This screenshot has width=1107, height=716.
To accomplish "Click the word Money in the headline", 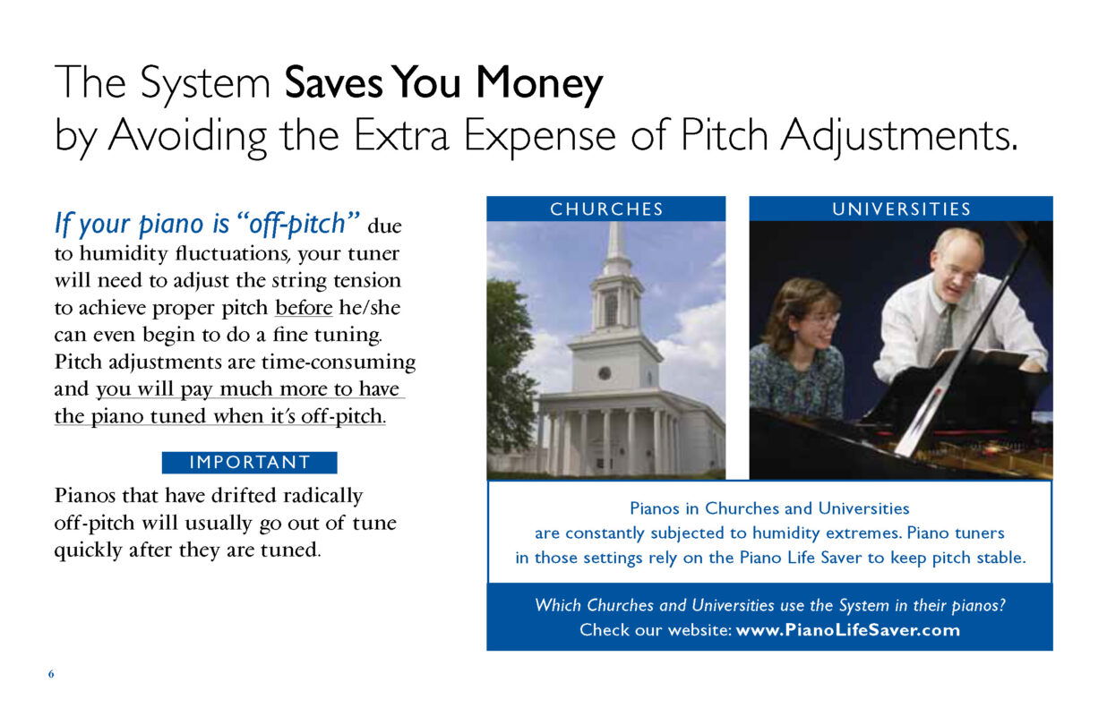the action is pyautogui.click(x=539, y=84).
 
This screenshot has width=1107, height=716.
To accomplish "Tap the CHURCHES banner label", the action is pyautogui.click(x=606, y=209).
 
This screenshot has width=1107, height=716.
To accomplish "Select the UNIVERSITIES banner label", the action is pyautogui.click(x=901, y=209).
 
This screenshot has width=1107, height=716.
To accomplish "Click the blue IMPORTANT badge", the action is pyautogui.click(x=250, y=462).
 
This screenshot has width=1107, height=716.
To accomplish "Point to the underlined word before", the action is pyautogui.click(x=304, y=308).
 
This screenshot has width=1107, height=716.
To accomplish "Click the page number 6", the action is pyautogui.click(x=51, y=674).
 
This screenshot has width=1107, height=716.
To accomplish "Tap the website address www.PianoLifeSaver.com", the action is pyautogui.click(x=847, y=630).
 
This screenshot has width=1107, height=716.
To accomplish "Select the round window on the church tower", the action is pyautogui.click(x=604, y=373).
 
